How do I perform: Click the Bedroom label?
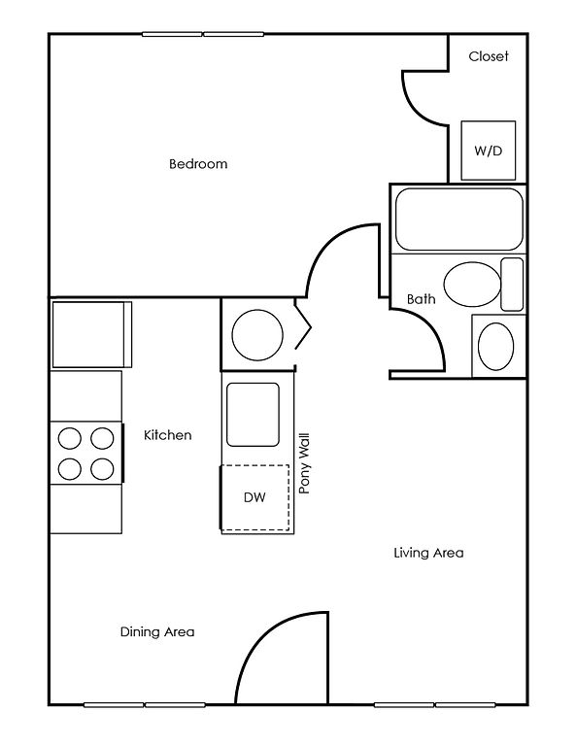tap(198, 164)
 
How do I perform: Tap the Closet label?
tap(489, 56)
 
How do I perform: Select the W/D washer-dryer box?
tap(488, 151)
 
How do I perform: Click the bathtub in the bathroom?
tap(459, 219)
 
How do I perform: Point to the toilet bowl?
tap(472, 284)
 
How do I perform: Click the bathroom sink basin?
tap(495, 347)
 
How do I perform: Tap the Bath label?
tap(421, 299)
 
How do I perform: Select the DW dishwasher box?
tap(254, 497)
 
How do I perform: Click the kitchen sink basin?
tap(253, 415)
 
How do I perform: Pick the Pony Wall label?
tap(304, 463)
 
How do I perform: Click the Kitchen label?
tap(167, 435)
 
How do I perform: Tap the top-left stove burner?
tap(69, 438)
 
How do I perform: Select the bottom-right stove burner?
tap(102, 469)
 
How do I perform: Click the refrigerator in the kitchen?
tap(91, 334)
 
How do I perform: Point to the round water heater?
tap(257, 335)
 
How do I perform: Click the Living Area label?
tap(428, 553)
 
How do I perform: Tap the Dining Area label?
tap(157, 631)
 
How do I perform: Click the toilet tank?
tap(512, 284)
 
